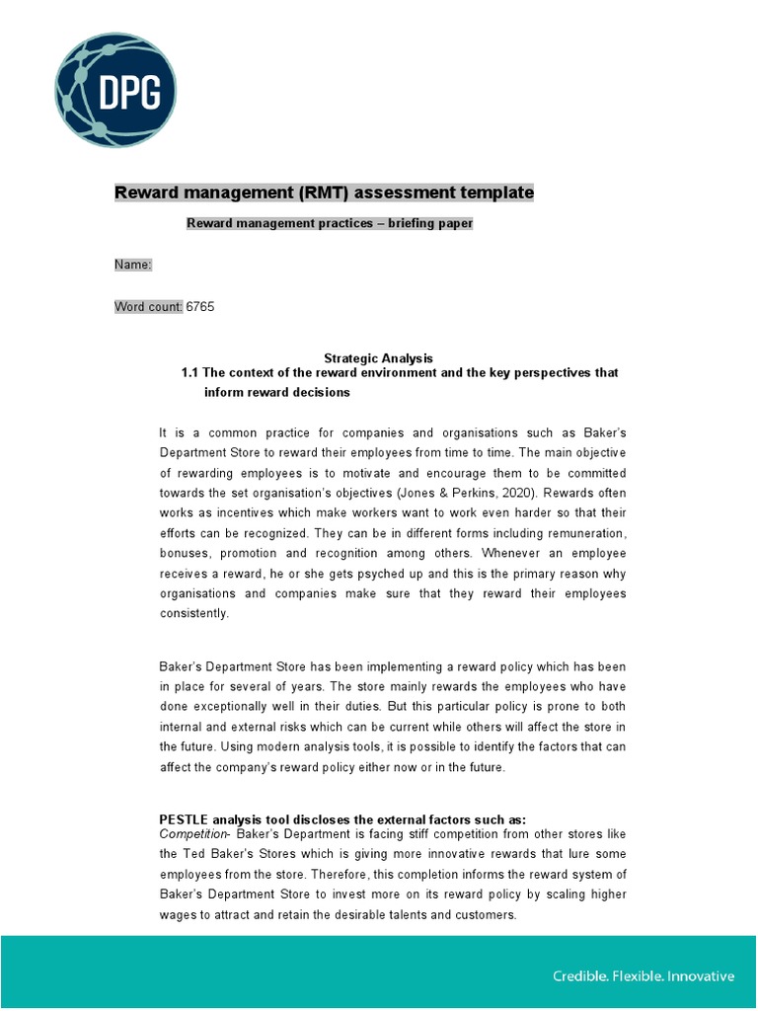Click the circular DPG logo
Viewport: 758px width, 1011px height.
[x=115, y=93]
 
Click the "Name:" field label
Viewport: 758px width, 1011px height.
[x=133, y=265]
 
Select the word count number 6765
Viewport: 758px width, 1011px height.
[x=200, y=307]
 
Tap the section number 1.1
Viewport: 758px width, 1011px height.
[x=189, y=373]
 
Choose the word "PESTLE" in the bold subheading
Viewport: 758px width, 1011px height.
[x=187, y=819]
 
